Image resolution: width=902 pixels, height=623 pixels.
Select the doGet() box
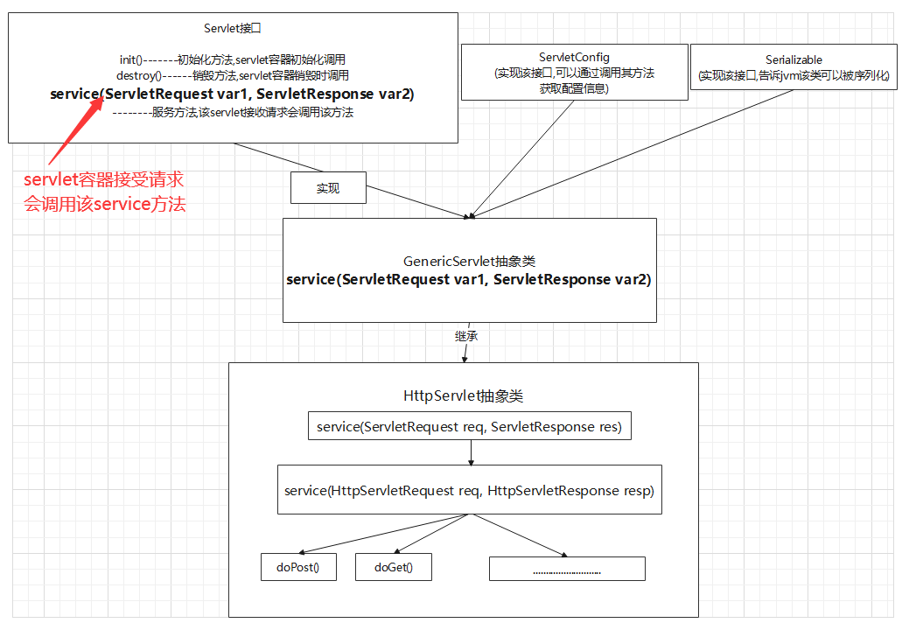click(x=393, y=567)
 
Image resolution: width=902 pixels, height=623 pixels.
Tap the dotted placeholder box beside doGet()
click(x=567, y=569)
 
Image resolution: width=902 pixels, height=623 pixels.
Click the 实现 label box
click(x=328, y=188)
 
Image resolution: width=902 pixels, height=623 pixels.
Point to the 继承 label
click(x=466, y=335)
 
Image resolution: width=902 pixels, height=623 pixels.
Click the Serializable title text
click(x=794, y=60)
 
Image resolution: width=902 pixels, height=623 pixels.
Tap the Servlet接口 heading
click(x=232, y=29)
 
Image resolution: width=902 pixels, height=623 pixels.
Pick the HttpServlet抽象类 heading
click(x=464, y=395)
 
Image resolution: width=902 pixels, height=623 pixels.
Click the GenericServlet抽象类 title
click(x=469, y=262)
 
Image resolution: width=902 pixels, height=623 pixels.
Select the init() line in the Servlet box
click(x=232, y=59)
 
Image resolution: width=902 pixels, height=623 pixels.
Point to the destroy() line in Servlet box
click(x=232, y=76)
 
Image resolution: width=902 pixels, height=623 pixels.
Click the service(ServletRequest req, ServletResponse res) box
click(x=470, y=427)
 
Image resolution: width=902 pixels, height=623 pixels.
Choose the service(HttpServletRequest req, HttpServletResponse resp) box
click(x=470, y=490)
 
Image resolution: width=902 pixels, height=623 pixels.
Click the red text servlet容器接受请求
click(x=104, y=181)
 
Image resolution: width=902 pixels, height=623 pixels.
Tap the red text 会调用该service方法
click(x=104, y=205)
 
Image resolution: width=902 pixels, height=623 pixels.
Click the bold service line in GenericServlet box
click(x=469, y=280)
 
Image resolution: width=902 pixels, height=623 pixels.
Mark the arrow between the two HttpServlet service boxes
click(x=471, y=452)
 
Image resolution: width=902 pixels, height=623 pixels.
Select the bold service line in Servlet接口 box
click(x=232, y=94)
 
